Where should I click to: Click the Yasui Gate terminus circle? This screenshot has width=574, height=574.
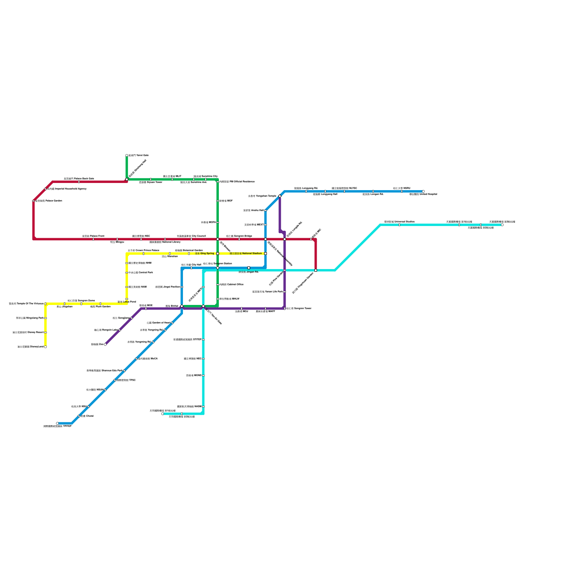pos(127,155)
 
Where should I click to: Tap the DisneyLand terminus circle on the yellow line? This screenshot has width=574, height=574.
pos(46,347)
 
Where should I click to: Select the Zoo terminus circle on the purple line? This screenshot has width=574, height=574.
pos(105,344)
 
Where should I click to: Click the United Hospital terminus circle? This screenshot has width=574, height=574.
pos(423,191)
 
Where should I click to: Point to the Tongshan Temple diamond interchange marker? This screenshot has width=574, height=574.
pos(280,196)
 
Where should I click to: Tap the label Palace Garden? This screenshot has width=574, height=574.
pos(49,201)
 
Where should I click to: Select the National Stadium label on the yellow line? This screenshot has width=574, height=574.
pos(246,253)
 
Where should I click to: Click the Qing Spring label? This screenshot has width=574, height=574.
pos(204,253)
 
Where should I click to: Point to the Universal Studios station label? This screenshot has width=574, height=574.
pos(399,222)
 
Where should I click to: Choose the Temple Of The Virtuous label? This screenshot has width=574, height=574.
pos(26,304)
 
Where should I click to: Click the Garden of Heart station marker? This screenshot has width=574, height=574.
pos(172,323)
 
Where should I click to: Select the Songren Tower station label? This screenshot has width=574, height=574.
pos(299,308)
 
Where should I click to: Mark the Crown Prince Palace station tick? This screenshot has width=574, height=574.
pos(143,254)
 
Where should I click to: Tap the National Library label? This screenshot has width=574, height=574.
pos(165,242)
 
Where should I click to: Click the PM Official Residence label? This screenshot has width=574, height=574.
pos(237,182)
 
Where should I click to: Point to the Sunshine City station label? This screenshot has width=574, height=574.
pos(206,176)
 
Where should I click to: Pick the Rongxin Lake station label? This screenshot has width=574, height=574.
pos(106,330)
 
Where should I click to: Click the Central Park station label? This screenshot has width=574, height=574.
pos(141,272)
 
